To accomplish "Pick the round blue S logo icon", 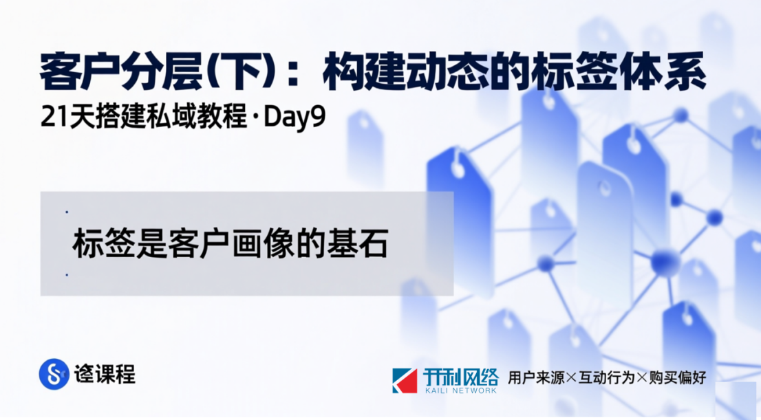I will (x=54, y=374).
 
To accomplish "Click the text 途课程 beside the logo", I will (x=105, y=374).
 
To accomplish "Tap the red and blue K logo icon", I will (x=405, y=380).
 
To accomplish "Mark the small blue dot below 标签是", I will (x=67, y=276).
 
